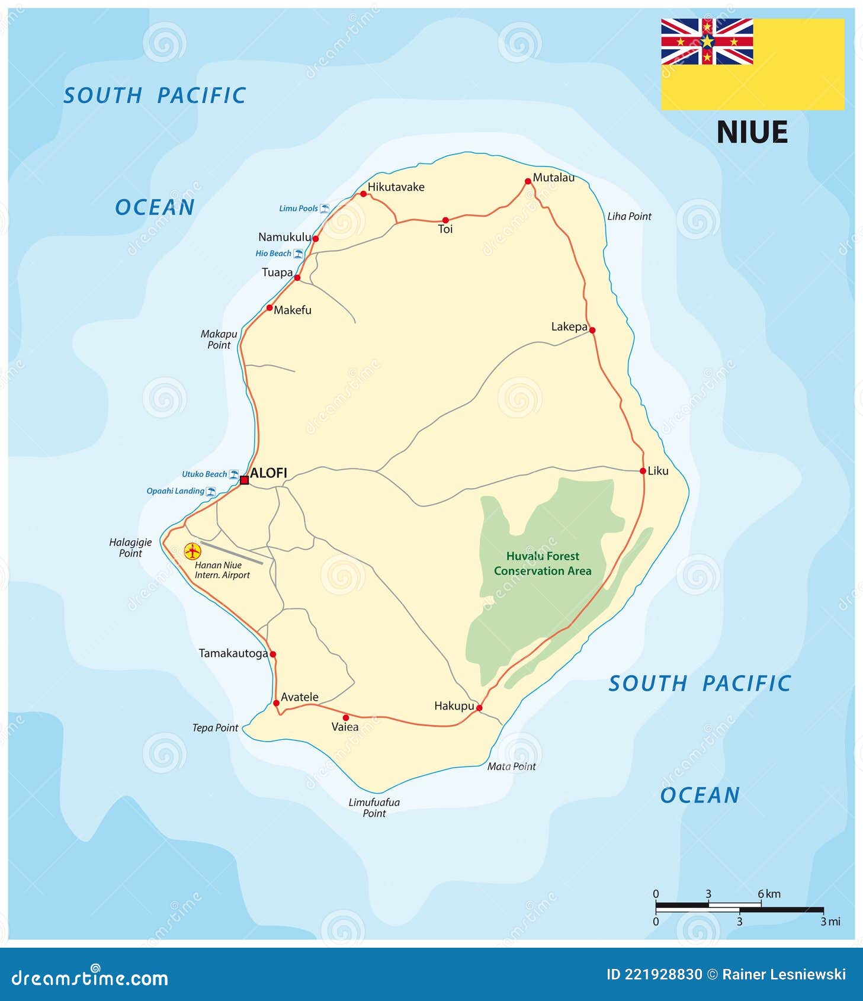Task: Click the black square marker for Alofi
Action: click(244, 480)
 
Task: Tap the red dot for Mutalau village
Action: click(528, 181)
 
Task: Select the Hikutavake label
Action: click(396, 187)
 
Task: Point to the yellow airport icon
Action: click(193, 551)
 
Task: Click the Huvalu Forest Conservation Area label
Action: click(543, 563)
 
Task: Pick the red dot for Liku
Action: click(643, 471)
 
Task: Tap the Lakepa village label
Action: click(569, 327)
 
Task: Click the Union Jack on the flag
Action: click(707, 41)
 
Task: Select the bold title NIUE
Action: click(752, 132)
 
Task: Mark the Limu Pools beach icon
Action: click(325, 208)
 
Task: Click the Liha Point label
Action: click(629, 217)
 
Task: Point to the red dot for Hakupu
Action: click(479, 708)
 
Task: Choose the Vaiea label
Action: click(345, 727)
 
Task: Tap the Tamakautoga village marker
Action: click(272, 654)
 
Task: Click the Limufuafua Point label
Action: click(374, 808)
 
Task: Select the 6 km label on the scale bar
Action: click(769, 894)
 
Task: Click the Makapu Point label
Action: click(219, 339)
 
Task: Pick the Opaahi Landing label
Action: click(175, 491)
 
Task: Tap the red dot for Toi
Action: click(445, 220)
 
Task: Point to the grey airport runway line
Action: click(232, 552)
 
